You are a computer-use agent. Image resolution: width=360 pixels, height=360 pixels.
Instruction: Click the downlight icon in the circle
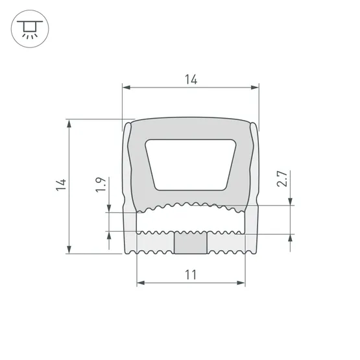point(29,29)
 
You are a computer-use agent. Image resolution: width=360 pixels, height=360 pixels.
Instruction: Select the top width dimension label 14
point(190,79)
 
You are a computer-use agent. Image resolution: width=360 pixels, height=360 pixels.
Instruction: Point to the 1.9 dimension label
point(101,186)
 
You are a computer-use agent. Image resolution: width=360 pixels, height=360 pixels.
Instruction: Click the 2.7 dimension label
point(282,180)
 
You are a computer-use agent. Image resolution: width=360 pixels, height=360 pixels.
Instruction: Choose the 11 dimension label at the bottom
point(190,275)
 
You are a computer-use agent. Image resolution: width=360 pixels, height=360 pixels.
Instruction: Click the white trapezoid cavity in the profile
point(190,163)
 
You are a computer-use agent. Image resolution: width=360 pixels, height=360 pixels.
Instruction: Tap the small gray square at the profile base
point(190,242)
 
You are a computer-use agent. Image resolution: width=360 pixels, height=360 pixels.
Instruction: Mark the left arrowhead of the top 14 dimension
point(126,87)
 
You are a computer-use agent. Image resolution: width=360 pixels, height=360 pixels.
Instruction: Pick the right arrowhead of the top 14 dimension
point(256,87)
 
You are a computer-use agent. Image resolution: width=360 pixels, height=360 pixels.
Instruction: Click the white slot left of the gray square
point(156,242)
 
